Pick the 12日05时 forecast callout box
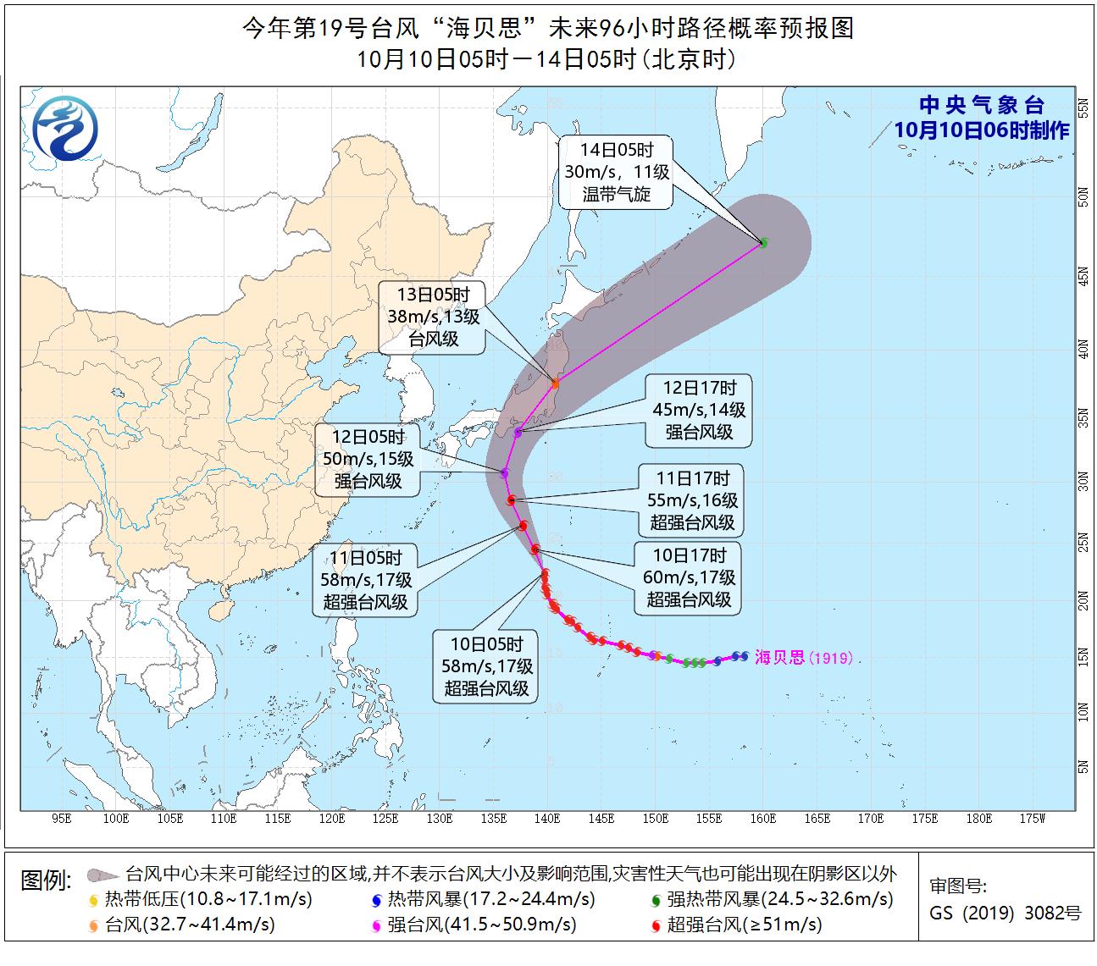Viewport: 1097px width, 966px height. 368,460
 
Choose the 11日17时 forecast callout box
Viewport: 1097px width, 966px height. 691,500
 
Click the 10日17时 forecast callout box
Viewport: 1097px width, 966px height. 688,577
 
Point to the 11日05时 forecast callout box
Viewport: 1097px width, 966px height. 367,580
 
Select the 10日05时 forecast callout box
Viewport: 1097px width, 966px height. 486,666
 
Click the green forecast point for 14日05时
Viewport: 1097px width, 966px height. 763,243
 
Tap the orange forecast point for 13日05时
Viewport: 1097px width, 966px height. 556,384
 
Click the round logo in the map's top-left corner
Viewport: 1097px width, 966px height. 65,128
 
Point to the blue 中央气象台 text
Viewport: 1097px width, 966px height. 982,106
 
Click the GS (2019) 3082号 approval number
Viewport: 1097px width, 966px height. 1005,914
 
